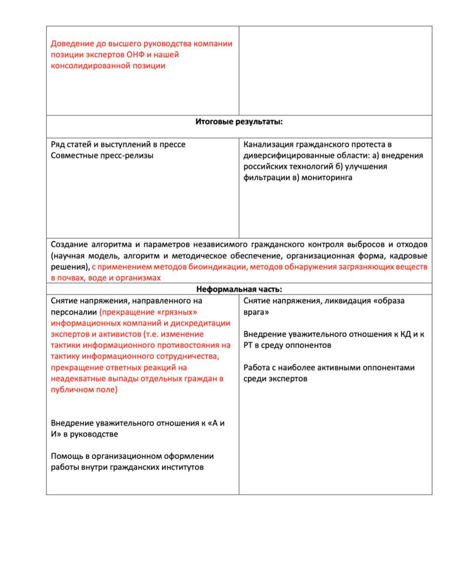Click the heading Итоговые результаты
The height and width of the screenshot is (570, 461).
tap(239, 122)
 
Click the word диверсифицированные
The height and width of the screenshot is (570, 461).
tap(284, 155)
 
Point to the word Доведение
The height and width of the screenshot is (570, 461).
tap(72, 44)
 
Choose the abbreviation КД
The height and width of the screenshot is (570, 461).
tap(406, 334)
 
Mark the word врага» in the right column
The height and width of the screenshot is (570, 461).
tap(256, 312)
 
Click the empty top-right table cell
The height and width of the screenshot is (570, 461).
tap(336, 70)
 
